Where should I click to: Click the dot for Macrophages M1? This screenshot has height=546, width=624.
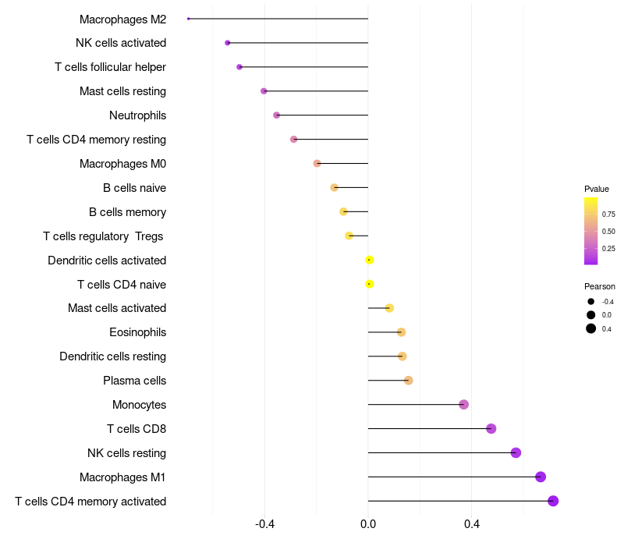point(541,477)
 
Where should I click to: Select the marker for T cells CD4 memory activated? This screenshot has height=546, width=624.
point(553,501)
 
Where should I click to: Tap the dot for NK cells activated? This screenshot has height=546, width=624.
point(228,43)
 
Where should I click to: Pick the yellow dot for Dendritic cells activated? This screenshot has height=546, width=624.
point(369,260)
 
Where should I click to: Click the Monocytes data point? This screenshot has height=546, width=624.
point(463,405)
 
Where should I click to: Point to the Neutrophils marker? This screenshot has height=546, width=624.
point(277,115)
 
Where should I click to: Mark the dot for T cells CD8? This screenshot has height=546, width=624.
point(491,428)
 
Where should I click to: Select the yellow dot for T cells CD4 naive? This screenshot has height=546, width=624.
point(369,284)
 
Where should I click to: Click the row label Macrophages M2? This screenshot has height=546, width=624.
point(122,19)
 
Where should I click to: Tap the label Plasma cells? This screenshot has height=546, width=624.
point(134,381)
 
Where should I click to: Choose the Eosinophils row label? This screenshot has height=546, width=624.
point(138,332)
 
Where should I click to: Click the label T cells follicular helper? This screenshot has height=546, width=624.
point(110,67)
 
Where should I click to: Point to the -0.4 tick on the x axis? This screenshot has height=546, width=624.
point(264,523)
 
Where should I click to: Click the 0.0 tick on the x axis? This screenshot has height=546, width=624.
point(368,523)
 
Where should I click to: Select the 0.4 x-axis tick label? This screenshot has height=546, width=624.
point(472,523)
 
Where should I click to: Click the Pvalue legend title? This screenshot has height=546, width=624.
point(597,189)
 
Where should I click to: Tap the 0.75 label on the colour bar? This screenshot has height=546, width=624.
point(608,214)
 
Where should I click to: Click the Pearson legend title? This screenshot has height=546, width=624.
point(600,286)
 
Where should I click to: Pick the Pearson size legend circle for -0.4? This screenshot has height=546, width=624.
point(591,302)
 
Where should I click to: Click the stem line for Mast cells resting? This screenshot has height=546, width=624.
point(316,91)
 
